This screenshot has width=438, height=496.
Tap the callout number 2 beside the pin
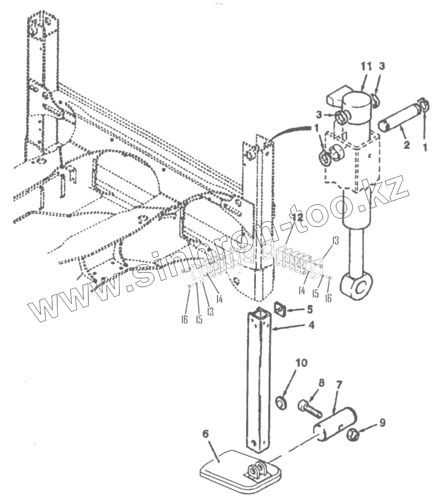406,145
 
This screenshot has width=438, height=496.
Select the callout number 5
310,309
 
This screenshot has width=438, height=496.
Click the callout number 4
311,325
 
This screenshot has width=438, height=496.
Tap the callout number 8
321,383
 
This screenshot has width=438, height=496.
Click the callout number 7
339,385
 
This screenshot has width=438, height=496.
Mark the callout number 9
383,423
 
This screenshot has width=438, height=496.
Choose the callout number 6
205,434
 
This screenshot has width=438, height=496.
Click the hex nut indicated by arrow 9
353,435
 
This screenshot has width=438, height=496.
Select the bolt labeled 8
310,408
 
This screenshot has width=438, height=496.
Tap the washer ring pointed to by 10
281,403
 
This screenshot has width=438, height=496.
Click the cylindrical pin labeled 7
335,424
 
